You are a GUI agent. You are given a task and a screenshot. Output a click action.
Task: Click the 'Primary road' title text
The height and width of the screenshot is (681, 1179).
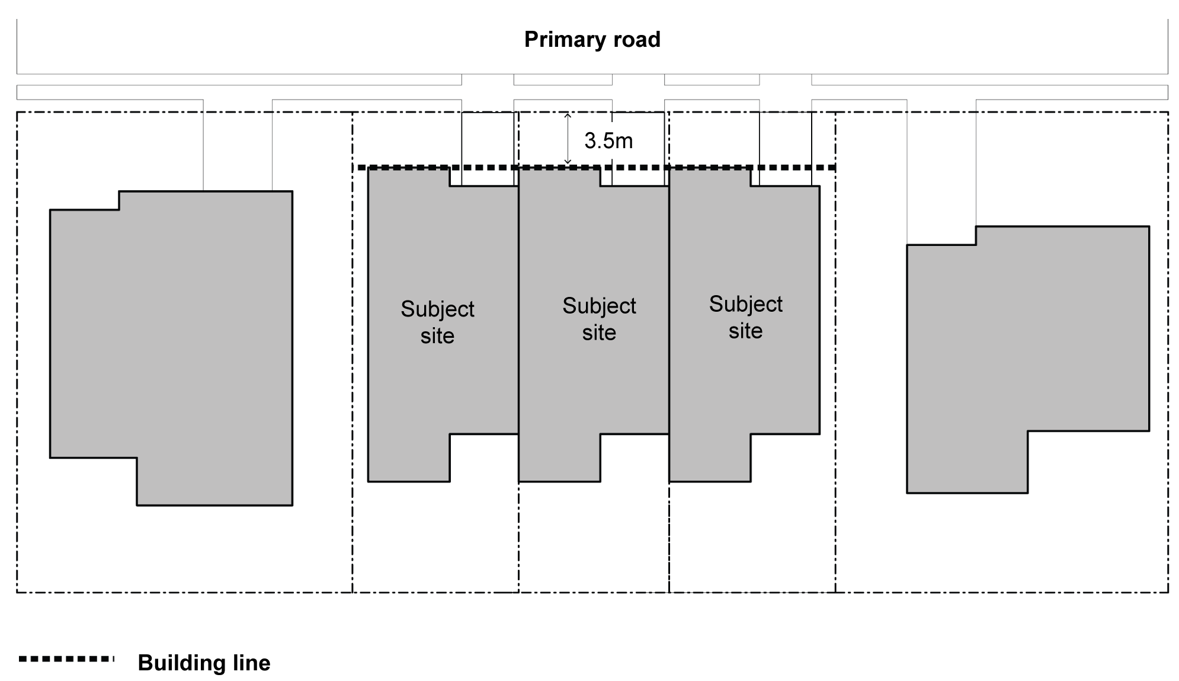pyautogui.click(x=592, y=40)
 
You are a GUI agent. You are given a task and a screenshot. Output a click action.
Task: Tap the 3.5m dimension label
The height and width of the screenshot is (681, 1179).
pyautogui.click(x=608, y=141)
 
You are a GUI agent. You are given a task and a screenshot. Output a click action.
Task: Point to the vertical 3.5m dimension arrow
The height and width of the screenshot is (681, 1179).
pyautogui.click(x=568, y=139)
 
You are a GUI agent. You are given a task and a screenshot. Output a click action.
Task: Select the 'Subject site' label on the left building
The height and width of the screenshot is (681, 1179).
pyautogui.click(x=437, y=322)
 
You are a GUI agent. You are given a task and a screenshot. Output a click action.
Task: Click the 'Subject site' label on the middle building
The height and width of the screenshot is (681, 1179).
pyautogui.click(x=599, y=319)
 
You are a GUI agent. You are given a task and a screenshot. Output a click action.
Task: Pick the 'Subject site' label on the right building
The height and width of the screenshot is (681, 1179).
pyautogui.click(x=745, y=317)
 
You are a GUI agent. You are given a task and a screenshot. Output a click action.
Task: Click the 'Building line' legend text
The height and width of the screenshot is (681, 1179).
pyautogui.click(x=204, y=663)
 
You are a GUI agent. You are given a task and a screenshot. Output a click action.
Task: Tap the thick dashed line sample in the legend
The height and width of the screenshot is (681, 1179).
pyautogui.click(x=66, y=658)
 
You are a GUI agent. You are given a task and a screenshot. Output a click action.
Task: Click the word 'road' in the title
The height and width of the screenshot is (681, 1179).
pyautogui.click(x=636, y=40)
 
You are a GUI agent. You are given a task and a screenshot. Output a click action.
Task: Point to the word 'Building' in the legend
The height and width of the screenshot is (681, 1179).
pyautogui.click(x=181, y=663)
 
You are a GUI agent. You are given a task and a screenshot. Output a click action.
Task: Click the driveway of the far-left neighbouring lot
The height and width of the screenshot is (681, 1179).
pyautogui.click(x=238, y=145)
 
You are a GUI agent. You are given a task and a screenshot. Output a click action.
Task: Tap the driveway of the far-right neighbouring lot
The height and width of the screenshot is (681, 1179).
pyautogui.click(x=941, y=163)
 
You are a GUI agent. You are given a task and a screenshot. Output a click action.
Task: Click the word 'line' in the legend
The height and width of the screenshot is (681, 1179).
pyautogui.click(x=251, y=663)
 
